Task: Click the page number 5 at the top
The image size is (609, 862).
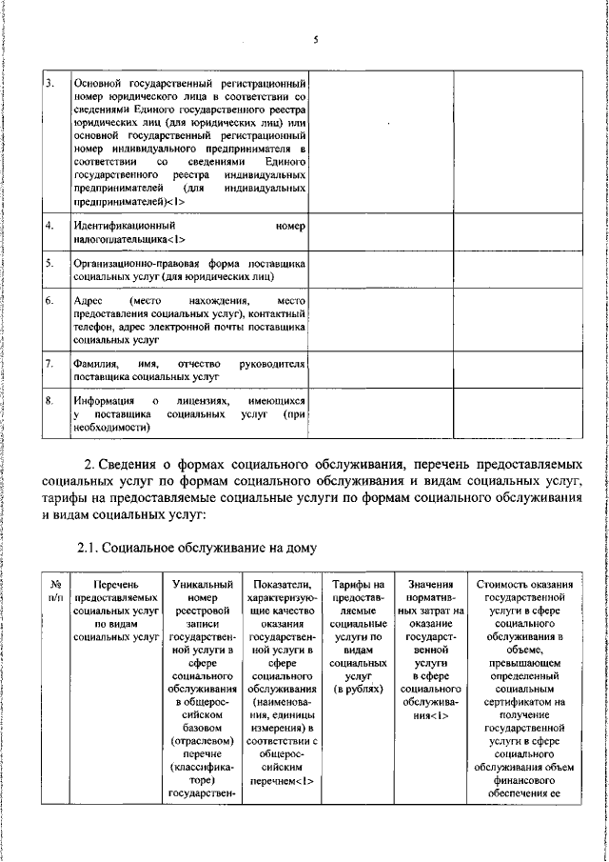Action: [x=314, y=40]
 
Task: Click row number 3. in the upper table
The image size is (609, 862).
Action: [x=49, y=84]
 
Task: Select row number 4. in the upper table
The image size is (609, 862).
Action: [x=49, y=227]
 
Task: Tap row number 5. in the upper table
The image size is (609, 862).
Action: [x=49, y=260]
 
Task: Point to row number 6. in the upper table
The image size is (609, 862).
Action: [x=49, y=300]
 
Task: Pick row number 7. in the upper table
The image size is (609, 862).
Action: [x=49, y=363]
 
